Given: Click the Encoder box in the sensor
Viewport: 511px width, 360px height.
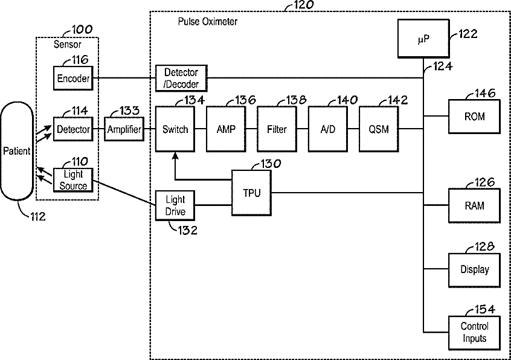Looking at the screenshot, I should pyautogui.click(x=73, y=78).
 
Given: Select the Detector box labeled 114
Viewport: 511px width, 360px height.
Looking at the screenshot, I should pyautogui.click(x=73, y=129).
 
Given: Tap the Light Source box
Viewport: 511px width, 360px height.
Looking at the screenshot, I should pyautogui.click(x=73, y=181).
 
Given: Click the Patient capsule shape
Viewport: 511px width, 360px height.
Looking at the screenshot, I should pyautogui.click(x=16, y=151).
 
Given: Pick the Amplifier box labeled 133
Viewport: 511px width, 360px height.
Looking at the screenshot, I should pyautogui.click(x=124, y=129).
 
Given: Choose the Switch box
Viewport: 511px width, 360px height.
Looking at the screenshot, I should pyautogui.click(x=175, y=129).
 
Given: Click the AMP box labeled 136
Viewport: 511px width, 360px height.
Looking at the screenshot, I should pyautogui.click(x=226, y=129).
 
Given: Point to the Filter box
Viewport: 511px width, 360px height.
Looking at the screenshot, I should pyautogui.click(x=277, y=129).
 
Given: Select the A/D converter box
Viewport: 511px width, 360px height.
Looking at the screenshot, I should pyautogui.click(x=328, y=129).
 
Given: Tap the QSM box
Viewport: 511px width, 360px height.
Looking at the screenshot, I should pyautogui.click(x=379, y=129).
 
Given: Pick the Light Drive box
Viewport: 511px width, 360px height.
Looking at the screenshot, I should pyautogui.click(x=175, y=205).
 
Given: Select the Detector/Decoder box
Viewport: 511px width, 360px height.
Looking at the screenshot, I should pyautogui.click(x=181, y=78).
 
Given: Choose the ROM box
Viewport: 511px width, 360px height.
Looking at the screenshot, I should pyautogui.click(x=474, y=117).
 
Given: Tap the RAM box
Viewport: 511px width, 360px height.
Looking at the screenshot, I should pyautogui.click(x=474, y=206).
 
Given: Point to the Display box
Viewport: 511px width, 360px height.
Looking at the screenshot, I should pyautogui.click(x=474, y=270).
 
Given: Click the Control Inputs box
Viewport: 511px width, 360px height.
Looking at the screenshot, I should pyautogui.click(x=474, y=332).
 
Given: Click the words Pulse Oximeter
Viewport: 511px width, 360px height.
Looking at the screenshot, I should pyautogui.click(x=207, y=22).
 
